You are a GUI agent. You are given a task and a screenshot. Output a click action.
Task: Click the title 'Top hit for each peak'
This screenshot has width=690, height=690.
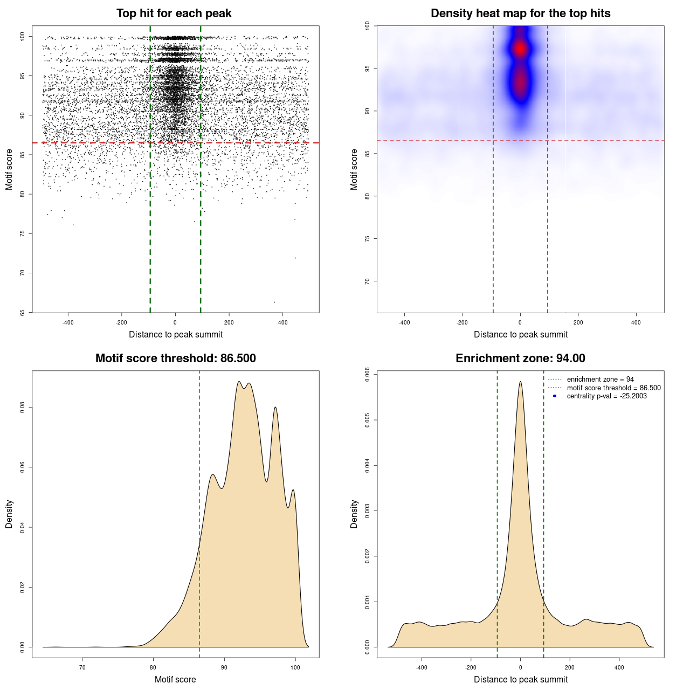174,13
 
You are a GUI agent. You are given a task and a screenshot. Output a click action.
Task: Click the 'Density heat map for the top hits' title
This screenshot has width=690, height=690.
520,13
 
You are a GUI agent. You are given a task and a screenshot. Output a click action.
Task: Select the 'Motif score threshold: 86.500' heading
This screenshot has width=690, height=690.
175,358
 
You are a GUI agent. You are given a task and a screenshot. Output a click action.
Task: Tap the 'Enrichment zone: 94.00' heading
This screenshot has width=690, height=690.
520,358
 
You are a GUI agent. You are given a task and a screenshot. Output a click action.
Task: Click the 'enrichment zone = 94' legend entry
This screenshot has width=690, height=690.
600,379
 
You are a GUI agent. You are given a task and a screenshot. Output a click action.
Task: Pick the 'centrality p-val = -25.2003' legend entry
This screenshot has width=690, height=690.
606,396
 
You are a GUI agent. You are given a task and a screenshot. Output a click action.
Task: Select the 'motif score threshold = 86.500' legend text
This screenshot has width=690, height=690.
613,388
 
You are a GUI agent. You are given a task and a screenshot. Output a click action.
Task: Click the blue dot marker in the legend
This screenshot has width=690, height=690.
555,396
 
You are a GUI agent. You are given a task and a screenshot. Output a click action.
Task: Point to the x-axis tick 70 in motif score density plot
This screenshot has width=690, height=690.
82,668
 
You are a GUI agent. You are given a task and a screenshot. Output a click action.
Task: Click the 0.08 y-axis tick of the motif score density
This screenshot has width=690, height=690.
22,408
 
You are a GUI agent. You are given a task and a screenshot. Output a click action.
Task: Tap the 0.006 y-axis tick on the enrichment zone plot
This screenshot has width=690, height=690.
367,375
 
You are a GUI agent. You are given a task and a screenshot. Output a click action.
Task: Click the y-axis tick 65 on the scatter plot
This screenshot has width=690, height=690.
22,313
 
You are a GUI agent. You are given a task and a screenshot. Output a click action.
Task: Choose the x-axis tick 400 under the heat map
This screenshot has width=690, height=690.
636,323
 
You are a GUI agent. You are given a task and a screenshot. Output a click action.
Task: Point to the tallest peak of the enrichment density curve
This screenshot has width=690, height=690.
520,382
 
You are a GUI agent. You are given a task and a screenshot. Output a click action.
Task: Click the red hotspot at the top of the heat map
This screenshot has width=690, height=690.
520,49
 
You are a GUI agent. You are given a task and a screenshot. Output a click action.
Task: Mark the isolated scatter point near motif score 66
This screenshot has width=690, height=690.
274,302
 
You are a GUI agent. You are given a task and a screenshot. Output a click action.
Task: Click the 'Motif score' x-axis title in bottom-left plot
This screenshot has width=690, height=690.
175,679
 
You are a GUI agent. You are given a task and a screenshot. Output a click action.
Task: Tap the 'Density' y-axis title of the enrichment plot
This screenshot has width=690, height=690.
354,514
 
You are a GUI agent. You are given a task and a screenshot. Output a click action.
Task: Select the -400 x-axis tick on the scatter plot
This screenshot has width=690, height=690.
68,323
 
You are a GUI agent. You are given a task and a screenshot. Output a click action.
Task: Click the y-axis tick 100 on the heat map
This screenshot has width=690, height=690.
367,25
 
